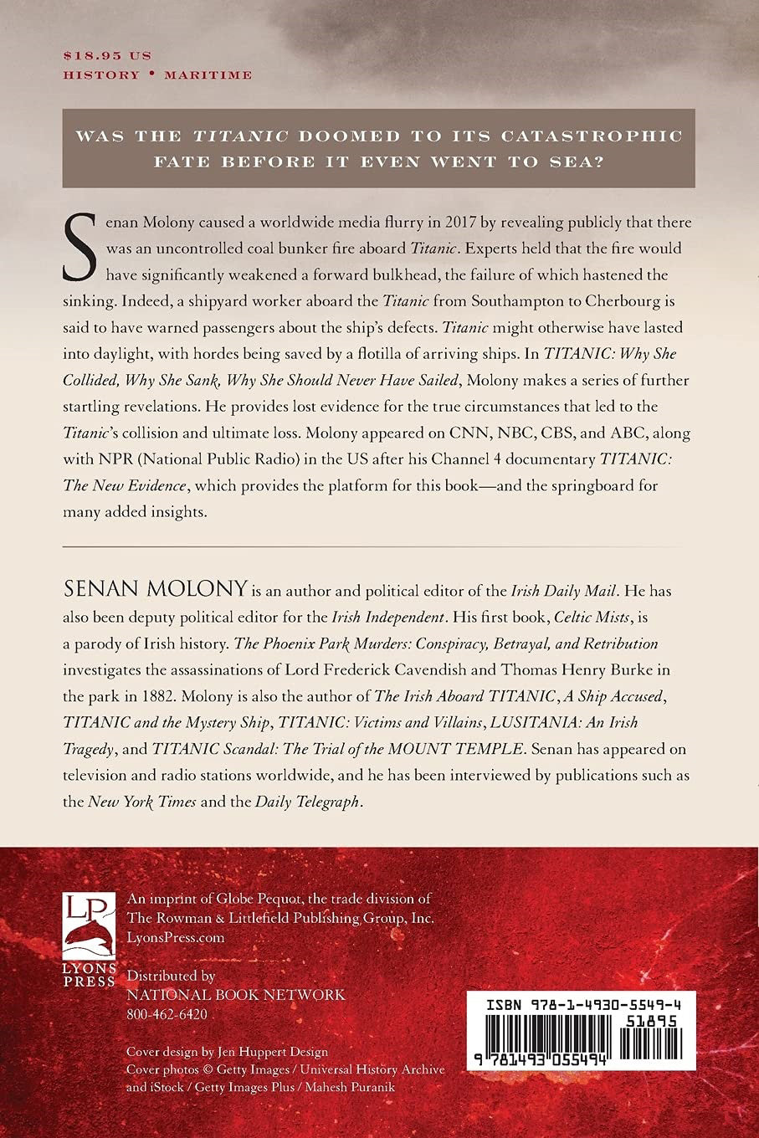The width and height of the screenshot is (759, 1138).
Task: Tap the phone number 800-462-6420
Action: tap(167, 1014)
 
